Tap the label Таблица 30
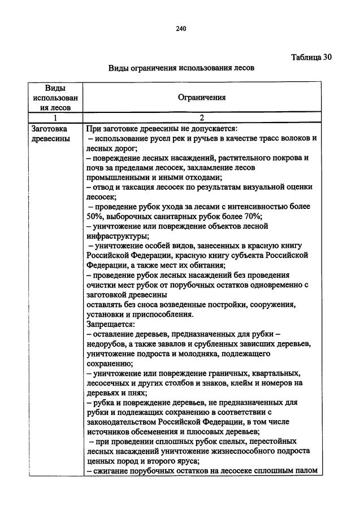point(311,57)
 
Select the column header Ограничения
point(202,97)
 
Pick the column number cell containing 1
point(55,118)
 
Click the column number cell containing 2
point(202,118)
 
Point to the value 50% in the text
point(95,217)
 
